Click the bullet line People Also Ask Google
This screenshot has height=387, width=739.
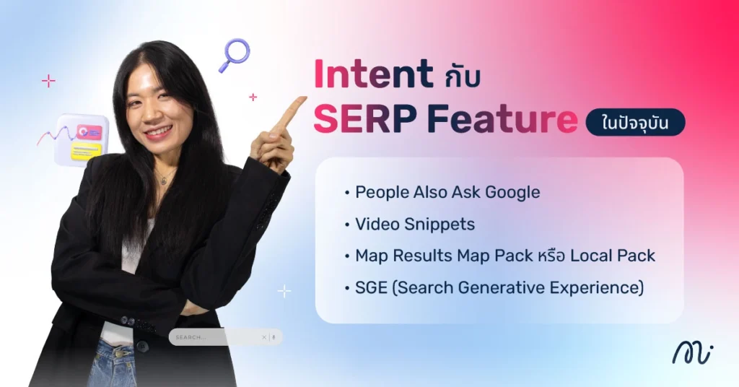coord(447,192)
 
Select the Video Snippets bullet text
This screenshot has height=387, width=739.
coord(415,224)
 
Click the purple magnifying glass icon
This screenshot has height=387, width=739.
coord(234,55)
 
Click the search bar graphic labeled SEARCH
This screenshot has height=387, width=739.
coord(225,337)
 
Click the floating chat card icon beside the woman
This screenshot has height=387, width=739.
coord(82,139)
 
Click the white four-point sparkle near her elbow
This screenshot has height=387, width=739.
coord(285,291)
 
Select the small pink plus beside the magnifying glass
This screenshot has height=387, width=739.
coord(253,97)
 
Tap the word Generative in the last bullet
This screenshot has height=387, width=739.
coord(497,287)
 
